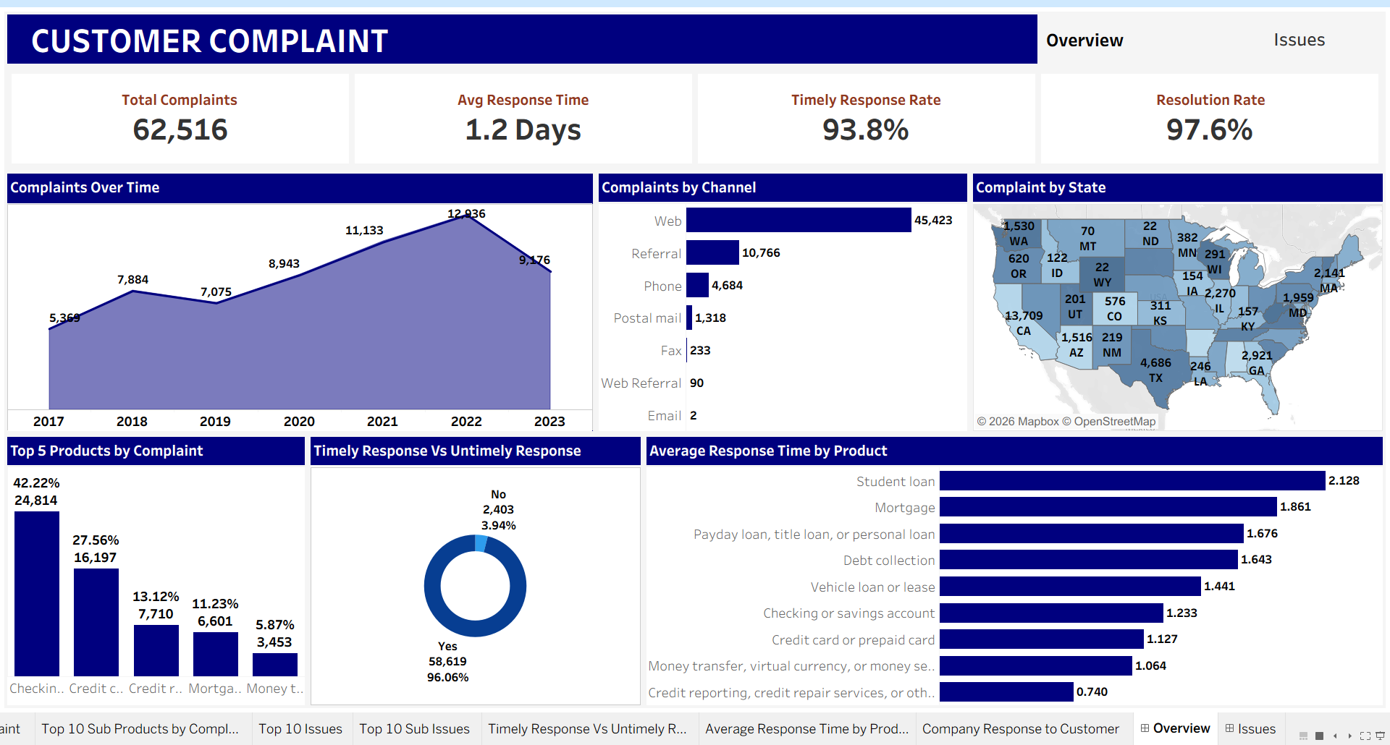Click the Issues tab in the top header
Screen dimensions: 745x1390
click(1299, 41)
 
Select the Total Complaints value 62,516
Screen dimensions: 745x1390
click(180, 130)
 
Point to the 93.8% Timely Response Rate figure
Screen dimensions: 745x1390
click(865, 130)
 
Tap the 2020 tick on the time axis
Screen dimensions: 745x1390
click(299, 422)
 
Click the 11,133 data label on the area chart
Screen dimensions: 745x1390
click(364, 231)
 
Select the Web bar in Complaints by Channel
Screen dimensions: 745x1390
click(798, 221)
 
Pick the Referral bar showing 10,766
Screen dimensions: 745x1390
click(712, 253)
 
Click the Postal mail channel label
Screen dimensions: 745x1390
click(647, 318)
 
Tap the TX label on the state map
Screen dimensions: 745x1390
click(1155, 378)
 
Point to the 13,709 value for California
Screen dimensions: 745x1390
click(1024, 316)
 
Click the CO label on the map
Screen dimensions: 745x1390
click(1114, 317)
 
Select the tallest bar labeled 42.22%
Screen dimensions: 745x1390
click(37, 593)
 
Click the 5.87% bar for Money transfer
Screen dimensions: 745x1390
click(274, 664)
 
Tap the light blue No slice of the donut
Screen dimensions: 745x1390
click(481, 543)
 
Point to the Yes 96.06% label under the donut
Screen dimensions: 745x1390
click(447, 662)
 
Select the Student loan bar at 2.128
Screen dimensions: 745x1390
click(1132, 481)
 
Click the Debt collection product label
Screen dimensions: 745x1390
click(888, 561)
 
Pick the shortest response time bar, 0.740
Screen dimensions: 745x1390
click(1006, 692)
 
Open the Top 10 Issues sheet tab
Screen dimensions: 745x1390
click(300, 729)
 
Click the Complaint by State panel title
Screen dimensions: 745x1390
click(1040, 188)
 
